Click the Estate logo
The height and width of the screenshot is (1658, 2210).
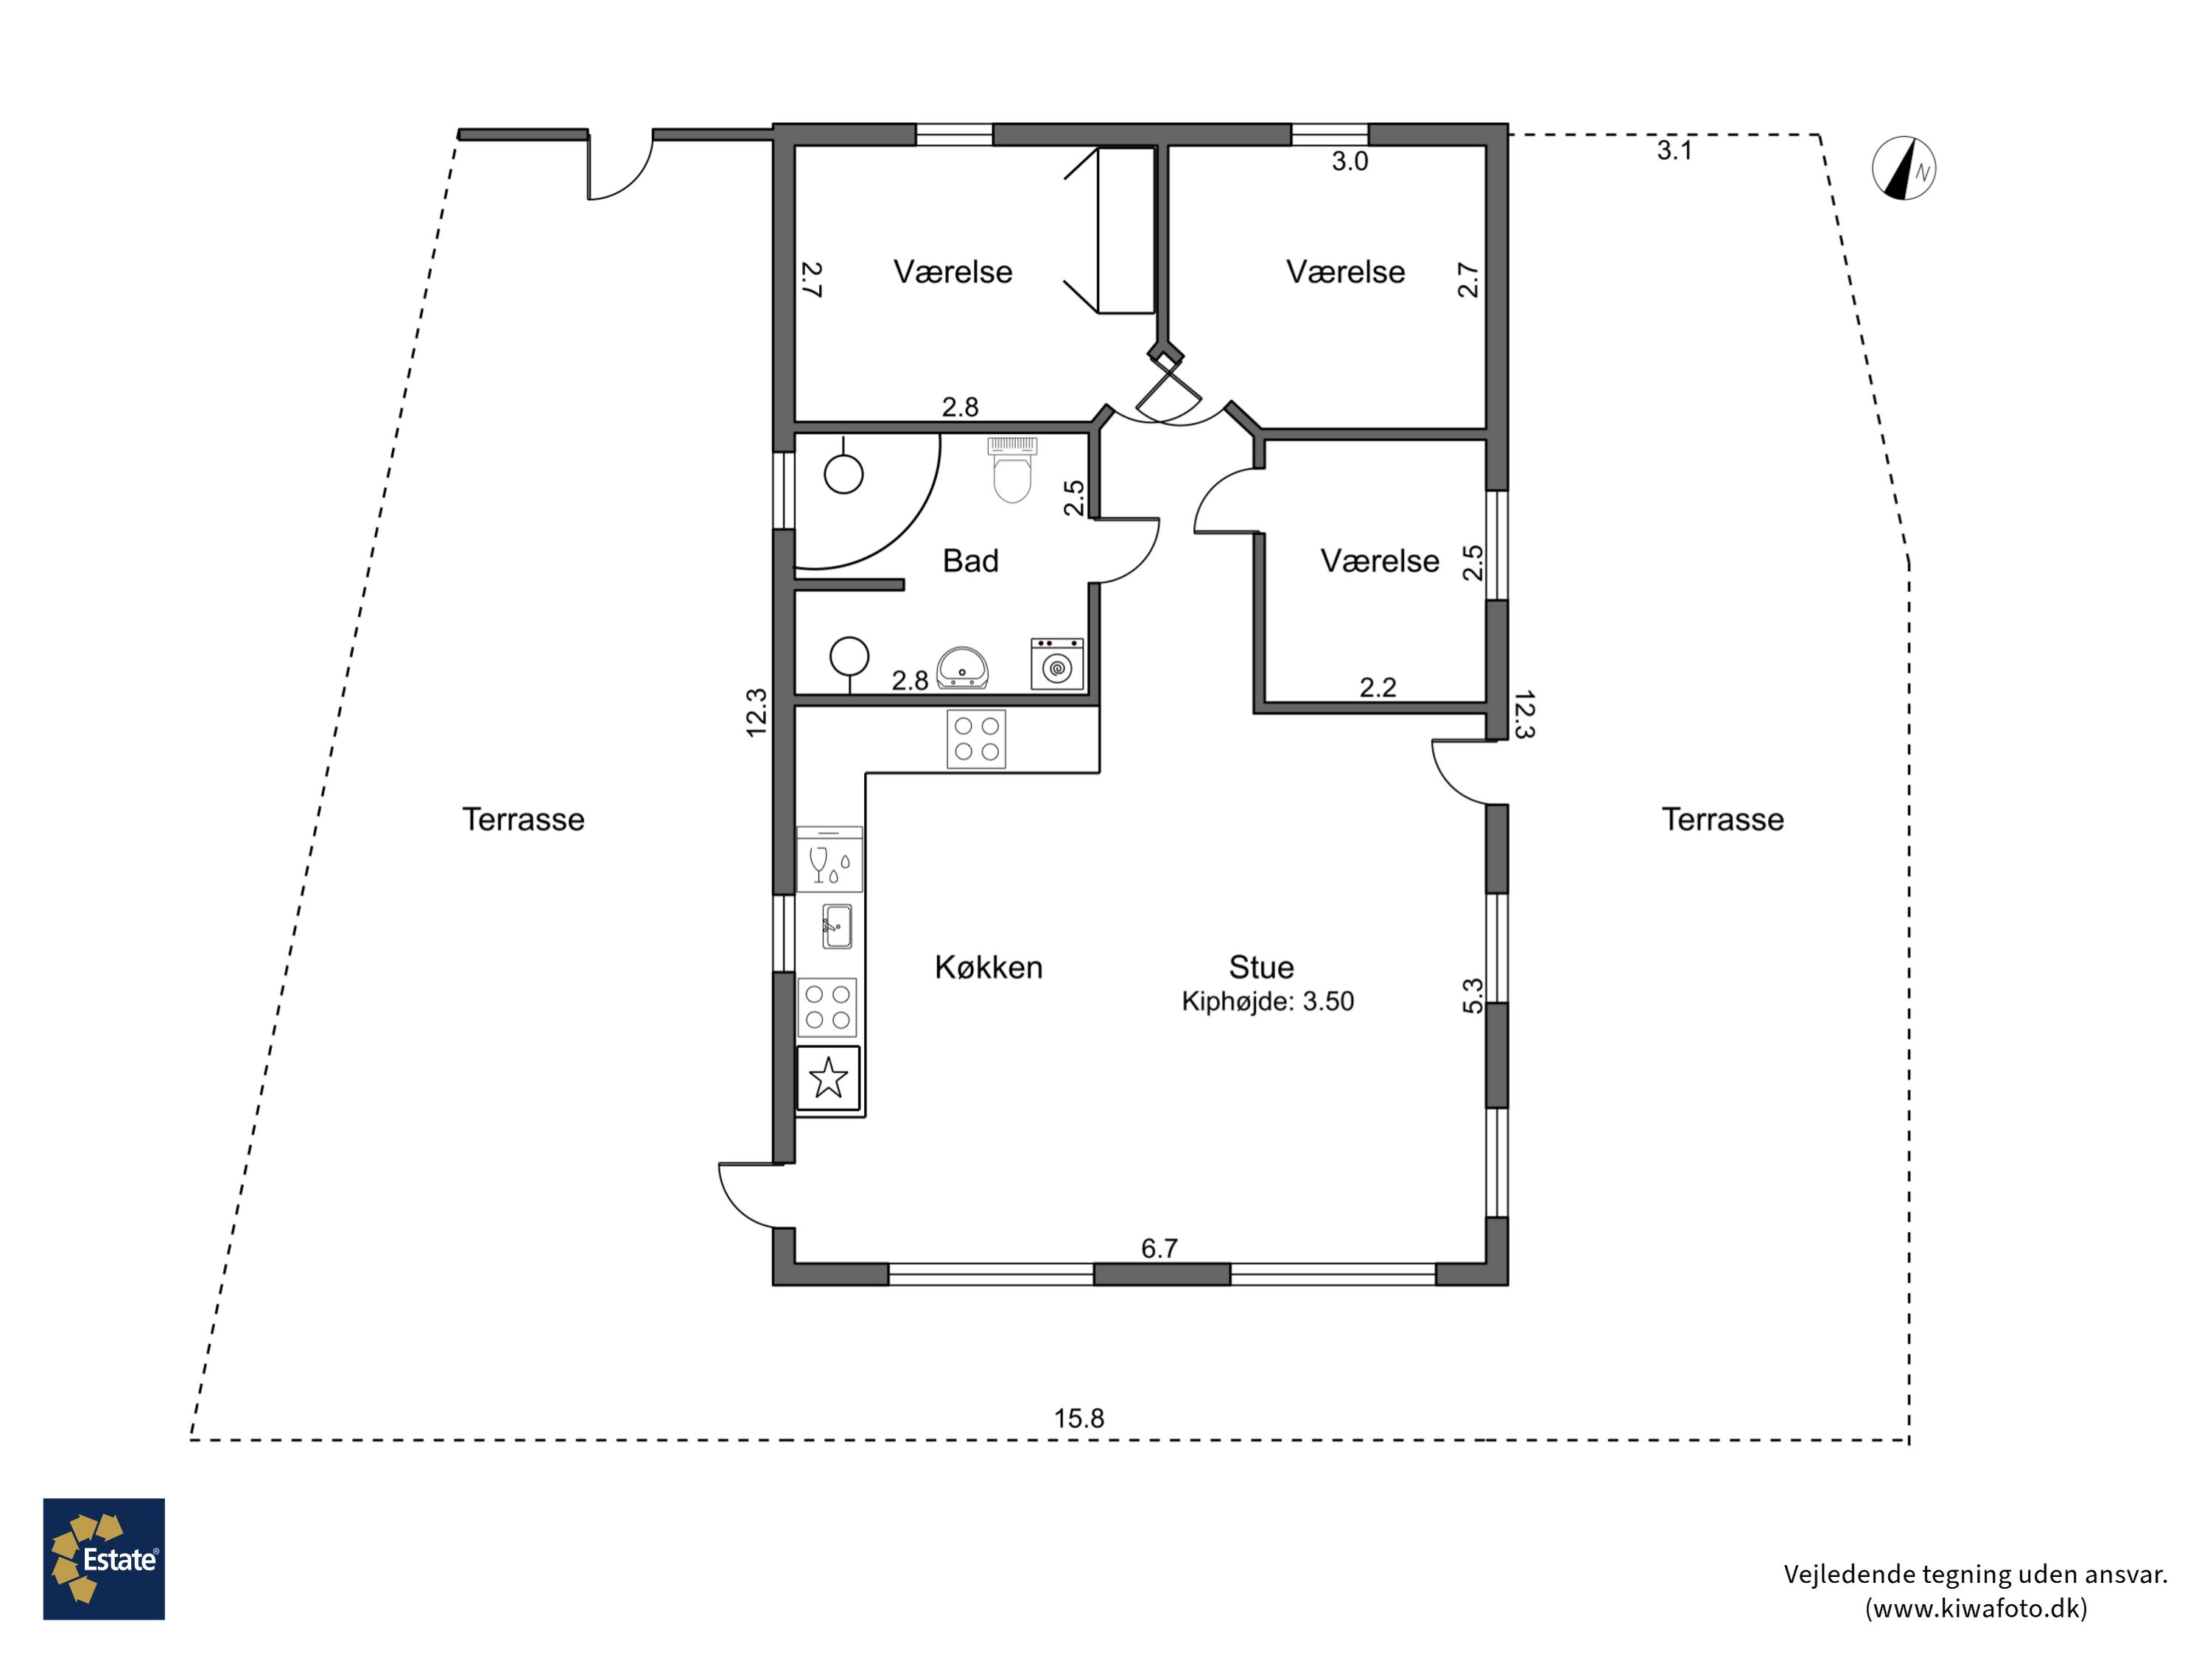tap(104, 1559)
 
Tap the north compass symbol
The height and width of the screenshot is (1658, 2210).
tap(1904, 168)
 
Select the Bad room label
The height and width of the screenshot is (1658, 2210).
tap(970, 561)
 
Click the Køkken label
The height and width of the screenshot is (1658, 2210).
tap(988, 968)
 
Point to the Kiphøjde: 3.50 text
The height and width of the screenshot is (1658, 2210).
tap(1268, 1001)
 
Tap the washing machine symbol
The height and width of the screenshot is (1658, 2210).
tap(1057, 664)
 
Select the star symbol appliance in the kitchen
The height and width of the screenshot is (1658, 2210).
tap(828, 1078)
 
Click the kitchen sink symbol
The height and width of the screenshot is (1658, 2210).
tap(836, 926)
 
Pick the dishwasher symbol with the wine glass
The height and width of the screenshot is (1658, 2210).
tap(829, 859)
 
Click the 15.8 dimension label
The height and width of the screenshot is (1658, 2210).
tap(1079, 1419)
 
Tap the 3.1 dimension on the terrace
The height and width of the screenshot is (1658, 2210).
tap(1674, 151)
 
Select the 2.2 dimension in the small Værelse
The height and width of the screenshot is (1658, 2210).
tap(1378, 688)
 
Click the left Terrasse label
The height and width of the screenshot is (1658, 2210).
tap(524, 819)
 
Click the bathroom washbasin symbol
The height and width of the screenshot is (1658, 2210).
tap(962, 668)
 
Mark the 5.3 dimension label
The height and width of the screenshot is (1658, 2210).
tap(1473, 996)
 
